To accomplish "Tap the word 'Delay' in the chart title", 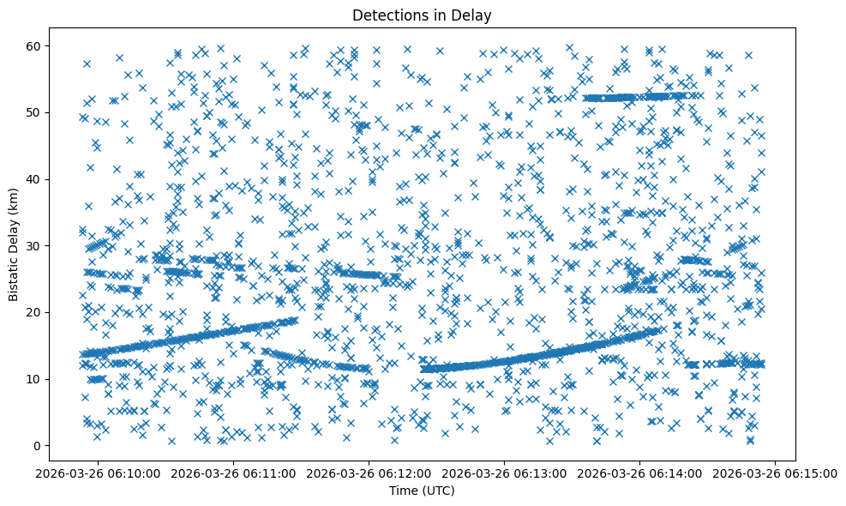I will (474, 15).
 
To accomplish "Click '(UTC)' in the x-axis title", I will (441, 491).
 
